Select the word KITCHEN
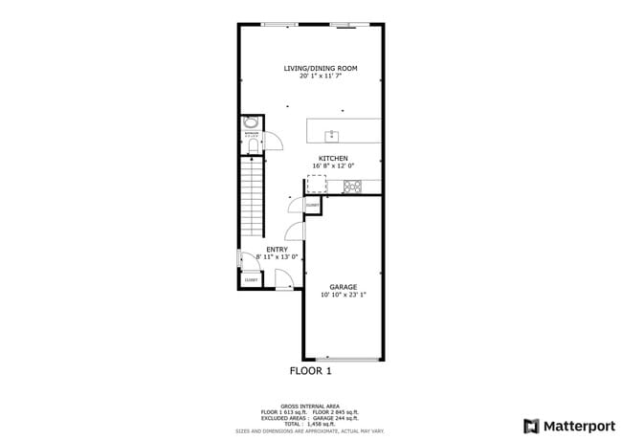point(333,159)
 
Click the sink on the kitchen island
point(333,135)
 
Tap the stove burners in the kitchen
point(351,187)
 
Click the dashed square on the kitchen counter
point(316,184)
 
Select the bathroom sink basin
point(251,122)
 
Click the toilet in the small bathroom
point(251,145)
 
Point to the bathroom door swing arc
point(274,142)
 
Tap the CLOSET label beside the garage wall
point(312,206)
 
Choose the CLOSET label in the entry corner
point(250,280)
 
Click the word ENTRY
point(277,250)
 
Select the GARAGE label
point(344,287)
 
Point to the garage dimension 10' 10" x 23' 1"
point(344,296)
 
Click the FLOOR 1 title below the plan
point(310,370)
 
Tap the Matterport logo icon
point(531,426)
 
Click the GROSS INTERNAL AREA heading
point(310,407)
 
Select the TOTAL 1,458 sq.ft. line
point(310,422)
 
